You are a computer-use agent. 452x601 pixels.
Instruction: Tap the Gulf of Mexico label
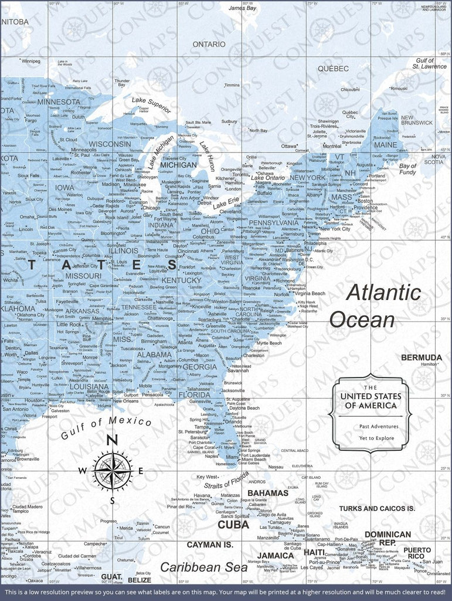pyautogui.click(x=106, y=427)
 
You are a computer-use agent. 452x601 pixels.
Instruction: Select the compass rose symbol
pyautogui.click(x=112, y=470)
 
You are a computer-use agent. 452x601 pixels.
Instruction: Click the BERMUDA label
pyautogui.click(x=422, y=357)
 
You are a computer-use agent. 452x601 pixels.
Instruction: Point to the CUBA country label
pyautogui.click(x=233, y=524)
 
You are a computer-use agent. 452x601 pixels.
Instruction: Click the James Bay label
pyautogui.click(x=242, y=9)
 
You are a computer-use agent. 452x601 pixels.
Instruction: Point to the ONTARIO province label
pyautogui.click(x=209, y=44)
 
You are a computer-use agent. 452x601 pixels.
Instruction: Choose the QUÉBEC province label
pyautogui.click(x=333, y=69)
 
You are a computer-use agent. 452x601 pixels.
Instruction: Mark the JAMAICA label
pyautogui.click(x=276, y=555)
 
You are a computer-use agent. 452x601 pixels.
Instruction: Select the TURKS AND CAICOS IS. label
pyautogui.click(x=376, y=508)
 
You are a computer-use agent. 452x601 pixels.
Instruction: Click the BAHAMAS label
pyautogui.click(x=268, y=493)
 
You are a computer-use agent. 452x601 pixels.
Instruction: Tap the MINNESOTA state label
pyautogui.click(x=59, y=102)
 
